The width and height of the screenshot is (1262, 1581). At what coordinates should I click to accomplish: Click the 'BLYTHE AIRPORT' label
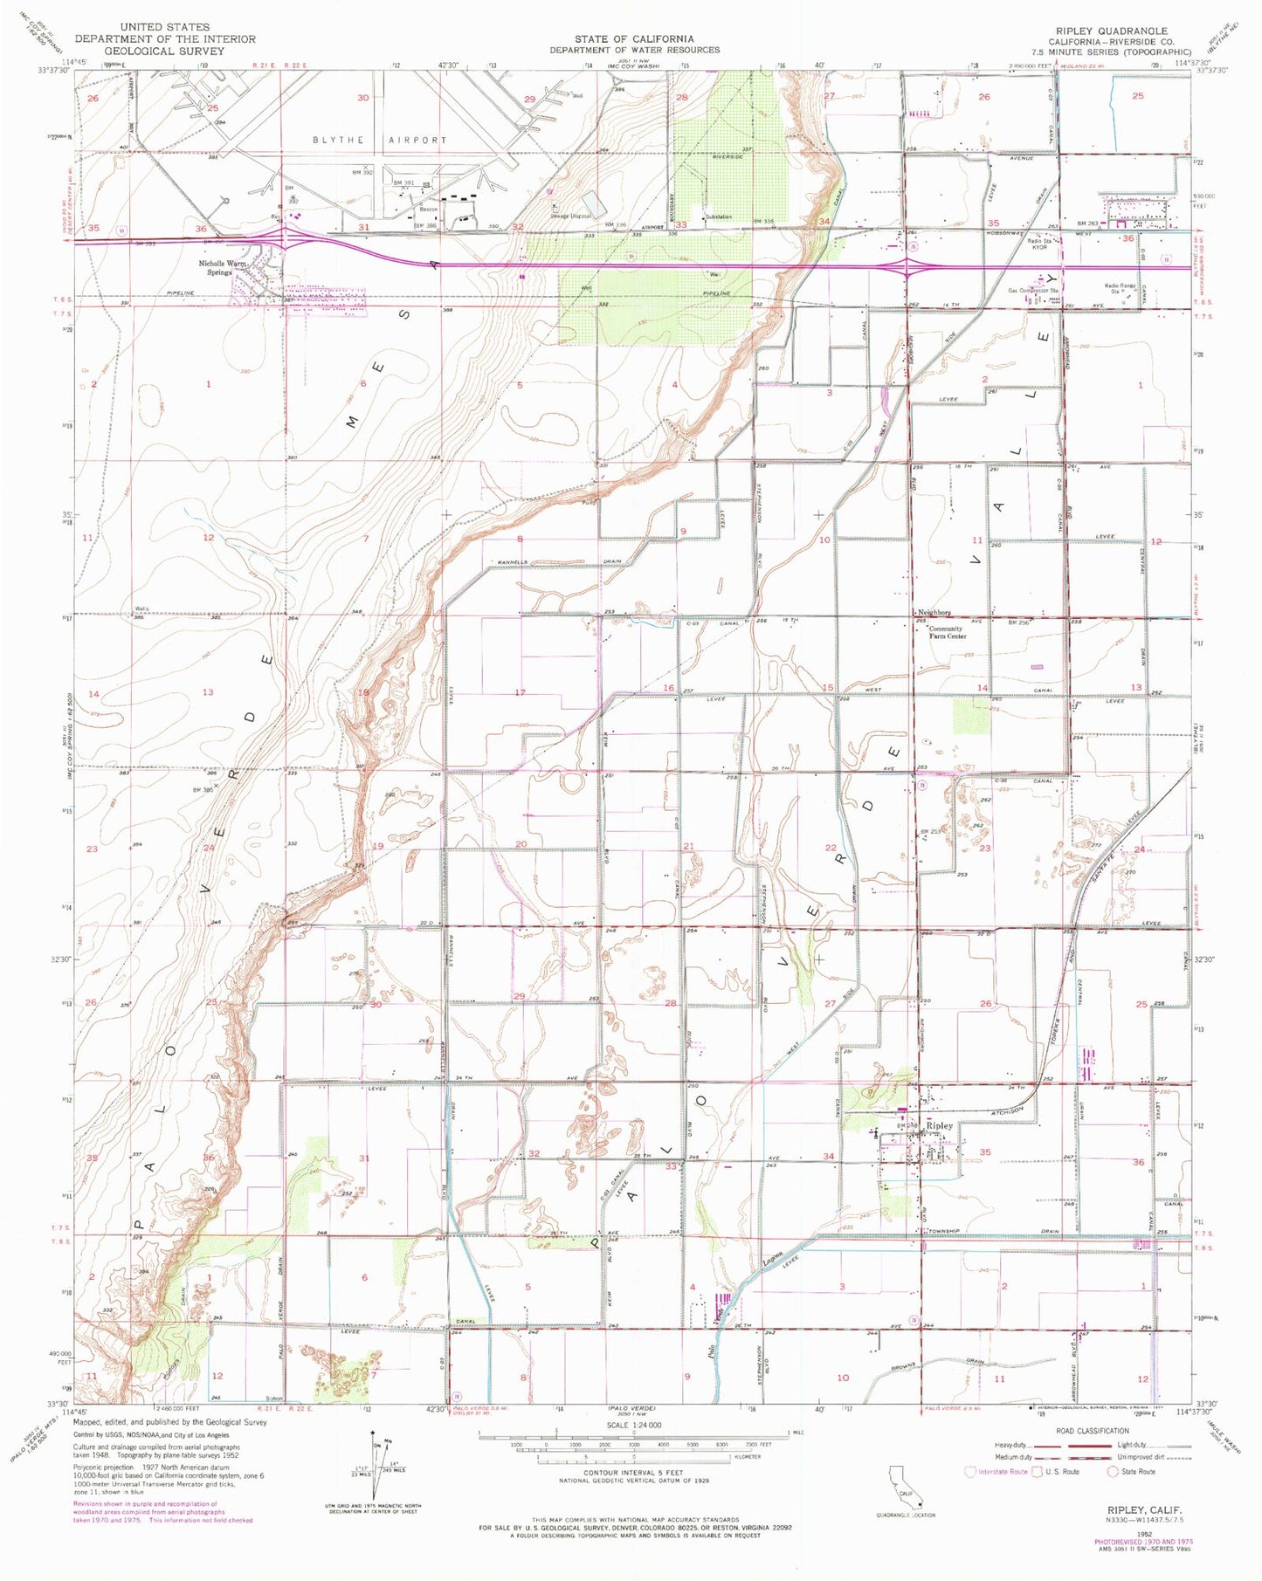(x=379, y=140)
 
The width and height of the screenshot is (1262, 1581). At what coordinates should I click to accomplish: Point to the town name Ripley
(x=940, y=1126)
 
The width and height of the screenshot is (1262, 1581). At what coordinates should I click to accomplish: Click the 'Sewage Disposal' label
(x=569, y=216)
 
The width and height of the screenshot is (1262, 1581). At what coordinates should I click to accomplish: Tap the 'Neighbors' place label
(x=934, y=613)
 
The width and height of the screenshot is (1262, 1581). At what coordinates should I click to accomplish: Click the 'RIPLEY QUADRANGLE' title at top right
(x=1113, y=30)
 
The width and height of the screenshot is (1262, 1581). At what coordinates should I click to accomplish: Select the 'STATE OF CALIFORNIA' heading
(x=634, y=38)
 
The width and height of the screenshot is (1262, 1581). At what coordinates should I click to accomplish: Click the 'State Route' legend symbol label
(x=1137, y=1472)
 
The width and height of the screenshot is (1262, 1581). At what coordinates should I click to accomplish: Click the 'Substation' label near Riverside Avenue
(x=718, y=217)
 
